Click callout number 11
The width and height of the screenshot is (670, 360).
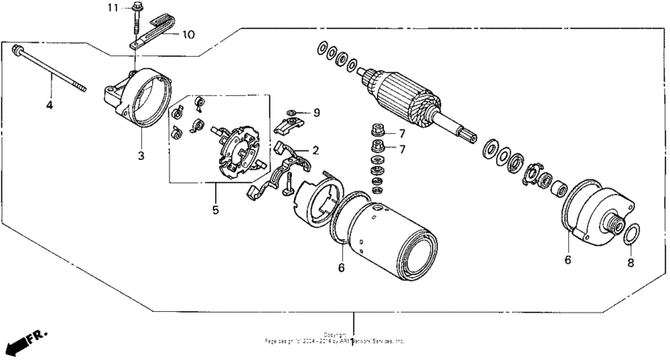point(113,8)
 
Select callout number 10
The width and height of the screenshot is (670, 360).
point(188,35)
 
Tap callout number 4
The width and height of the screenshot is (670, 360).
point(49,104)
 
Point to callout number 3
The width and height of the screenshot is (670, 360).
point(141,156)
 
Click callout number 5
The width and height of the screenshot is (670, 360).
point(214,210)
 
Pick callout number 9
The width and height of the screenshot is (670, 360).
point(317,113)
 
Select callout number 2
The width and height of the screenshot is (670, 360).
point(315,150)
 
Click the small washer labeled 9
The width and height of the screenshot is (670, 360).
point(292,113)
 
